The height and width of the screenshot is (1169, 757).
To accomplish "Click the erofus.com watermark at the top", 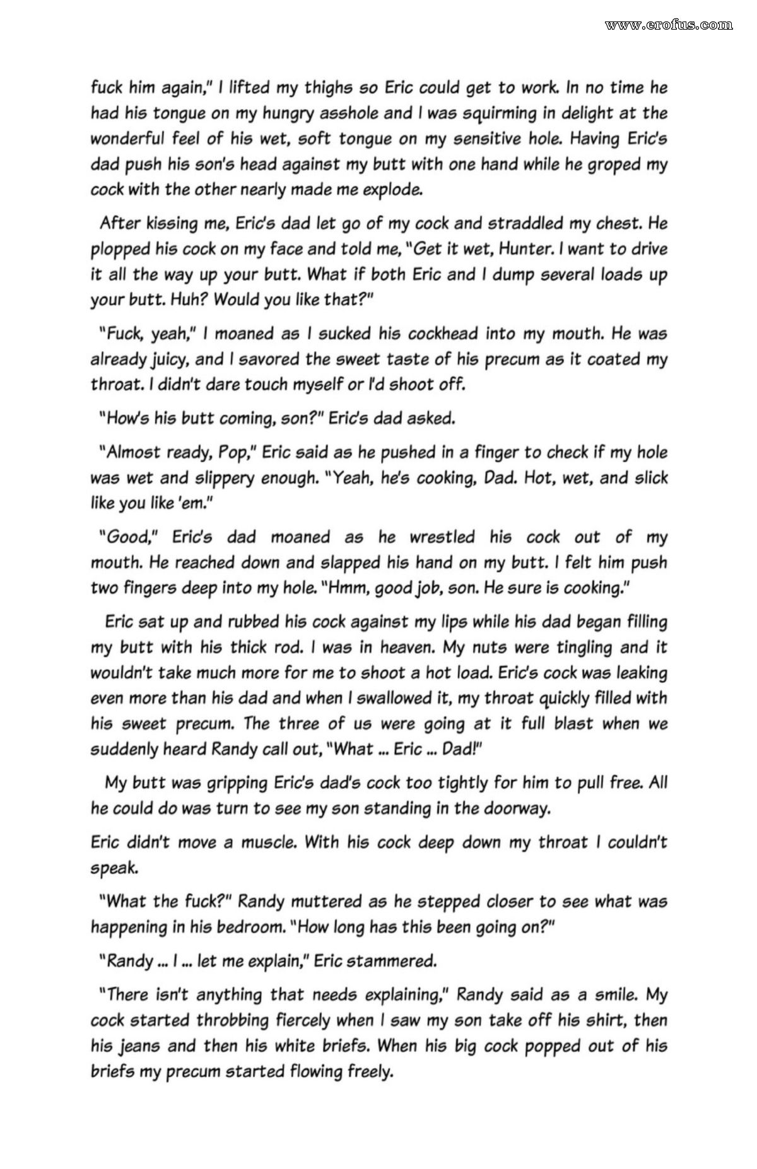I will pyautogui.click(x=669, y=25).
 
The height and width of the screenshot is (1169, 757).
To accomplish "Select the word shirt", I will pyautogui.click(x=605, y=1020).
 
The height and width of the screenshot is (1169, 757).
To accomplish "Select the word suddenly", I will pyautogui.click(x=121, y=749).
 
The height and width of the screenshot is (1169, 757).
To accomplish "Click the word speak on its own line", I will pyautogui.click(x=114, y=868).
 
